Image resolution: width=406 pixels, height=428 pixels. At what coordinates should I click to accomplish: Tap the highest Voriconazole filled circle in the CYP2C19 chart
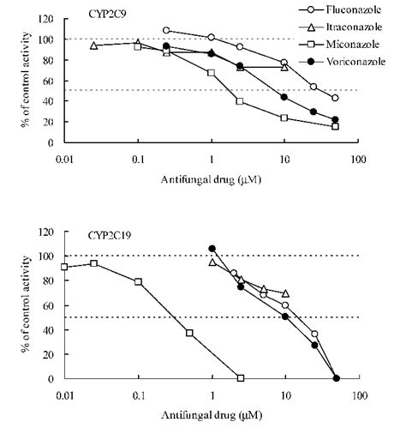(x=212, y=249)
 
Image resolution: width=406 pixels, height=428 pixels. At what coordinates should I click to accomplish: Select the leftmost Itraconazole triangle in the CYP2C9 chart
(x=93, y=45)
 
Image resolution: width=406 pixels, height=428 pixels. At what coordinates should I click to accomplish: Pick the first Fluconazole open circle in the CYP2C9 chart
(x=166, y=30)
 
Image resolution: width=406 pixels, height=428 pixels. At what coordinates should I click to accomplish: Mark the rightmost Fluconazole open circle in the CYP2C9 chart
(x=335, y=99)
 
